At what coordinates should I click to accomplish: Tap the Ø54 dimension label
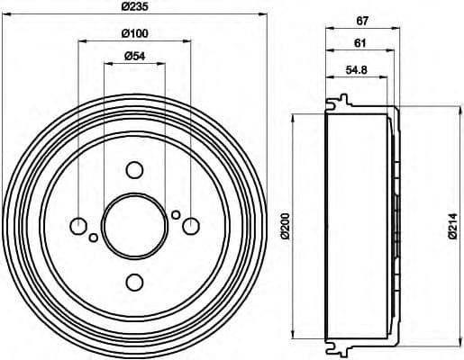tap(134, 58)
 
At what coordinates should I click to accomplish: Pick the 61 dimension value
tap(359, 42)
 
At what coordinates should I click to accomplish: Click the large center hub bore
tap(134, 226)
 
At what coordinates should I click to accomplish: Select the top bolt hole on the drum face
tap(134, 170)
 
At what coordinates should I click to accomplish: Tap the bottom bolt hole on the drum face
tap(134, 283)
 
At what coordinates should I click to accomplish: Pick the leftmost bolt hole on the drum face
tap(78, 226)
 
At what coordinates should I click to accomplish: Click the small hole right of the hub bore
tap(177, 214)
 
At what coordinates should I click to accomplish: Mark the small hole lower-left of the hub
tap(93, 238)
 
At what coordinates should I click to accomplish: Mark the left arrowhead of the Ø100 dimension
tap(80, 41)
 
